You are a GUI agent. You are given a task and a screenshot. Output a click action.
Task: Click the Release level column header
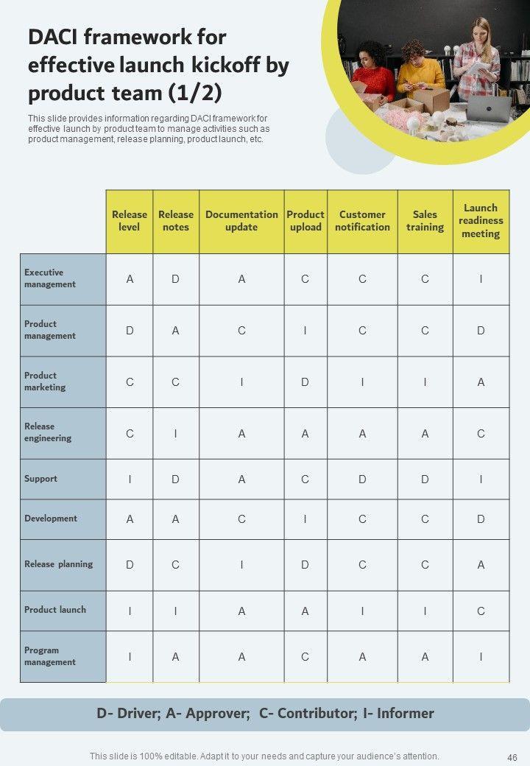tap(129, 221)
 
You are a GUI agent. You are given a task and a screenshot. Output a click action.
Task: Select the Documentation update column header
tap(241, 221)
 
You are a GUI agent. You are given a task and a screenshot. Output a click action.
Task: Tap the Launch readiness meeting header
tap(481, 221)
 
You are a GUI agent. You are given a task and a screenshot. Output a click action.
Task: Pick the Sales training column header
tap(425, 221)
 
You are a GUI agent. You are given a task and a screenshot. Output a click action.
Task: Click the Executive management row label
tap(50, 278)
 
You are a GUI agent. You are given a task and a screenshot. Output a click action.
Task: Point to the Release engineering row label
tap(48, 432)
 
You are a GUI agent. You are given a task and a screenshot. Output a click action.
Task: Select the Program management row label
tap(50, 656)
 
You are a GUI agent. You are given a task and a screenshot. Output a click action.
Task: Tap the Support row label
tap(40, 479)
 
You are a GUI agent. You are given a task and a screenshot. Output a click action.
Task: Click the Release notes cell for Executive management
tap(175, 279)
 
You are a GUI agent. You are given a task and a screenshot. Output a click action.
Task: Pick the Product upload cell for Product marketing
tap(305, 382)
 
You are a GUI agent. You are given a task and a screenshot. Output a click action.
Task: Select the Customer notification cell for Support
tap(362, 479)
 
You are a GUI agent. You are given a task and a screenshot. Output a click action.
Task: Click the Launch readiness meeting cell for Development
tap(481, 519)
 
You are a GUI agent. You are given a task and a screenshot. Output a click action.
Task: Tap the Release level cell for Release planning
tap(130, 565)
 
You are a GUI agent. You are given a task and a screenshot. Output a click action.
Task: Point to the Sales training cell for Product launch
tap(425, 611)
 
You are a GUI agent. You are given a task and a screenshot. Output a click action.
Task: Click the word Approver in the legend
tap(217, 714)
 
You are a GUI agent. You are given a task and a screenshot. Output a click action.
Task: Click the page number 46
tap(512, 756)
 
